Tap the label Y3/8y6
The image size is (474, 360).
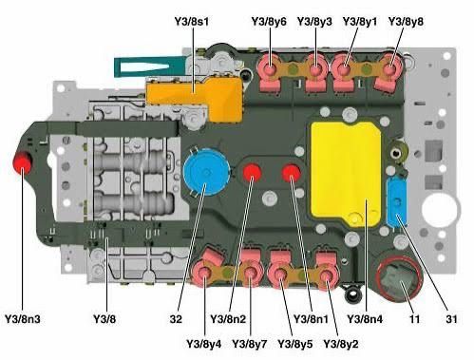tap(269, 20)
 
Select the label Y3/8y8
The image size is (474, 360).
tap(407, 20)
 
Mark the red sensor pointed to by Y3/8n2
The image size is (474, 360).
tap(253, 173)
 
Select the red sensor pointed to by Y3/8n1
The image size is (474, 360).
tap(292, 173)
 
